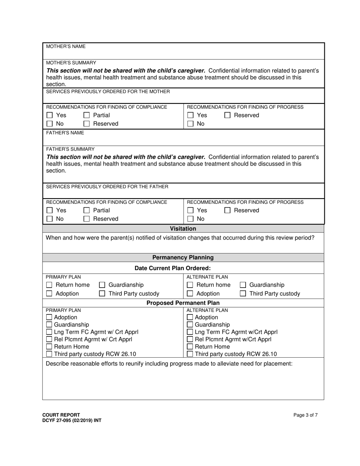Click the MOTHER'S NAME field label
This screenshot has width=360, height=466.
(66, 47)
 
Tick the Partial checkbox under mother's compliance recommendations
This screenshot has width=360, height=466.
(86, 115)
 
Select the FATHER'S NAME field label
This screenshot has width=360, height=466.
(65, 133)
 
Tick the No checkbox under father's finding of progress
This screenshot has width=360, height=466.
(190, 219)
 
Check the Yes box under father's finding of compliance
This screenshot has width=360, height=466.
(49, 210)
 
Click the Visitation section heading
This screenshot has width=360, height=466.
(183, 229)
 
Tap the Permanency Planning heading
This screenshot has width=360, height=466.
(183, 258)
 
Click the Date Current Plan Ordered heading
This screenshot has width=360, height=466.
(173, 268)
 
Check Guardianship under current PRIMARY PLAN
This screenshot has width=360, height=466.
(102, 285)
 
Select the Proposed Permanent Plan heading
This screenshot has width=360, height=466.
(183, 303)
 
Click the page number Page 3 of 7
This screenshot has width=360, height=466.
(305, 415)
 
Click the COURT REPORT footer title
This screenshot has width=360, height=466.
(61, 415)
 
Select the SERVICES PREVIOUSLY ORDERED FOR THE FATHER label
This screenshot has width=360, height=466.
(107, 187)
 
